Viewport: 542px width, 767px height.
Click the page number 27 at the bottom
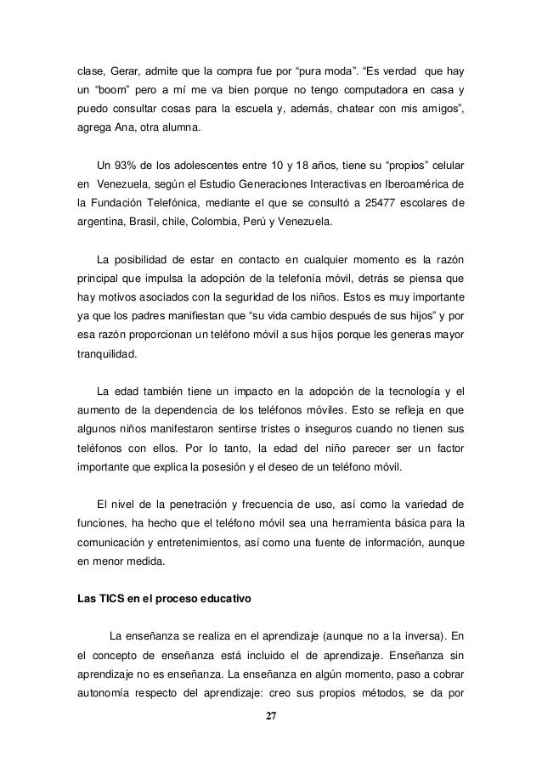tap(270, 716)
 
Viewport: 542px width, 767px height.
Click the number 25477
tap(390, 203)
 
